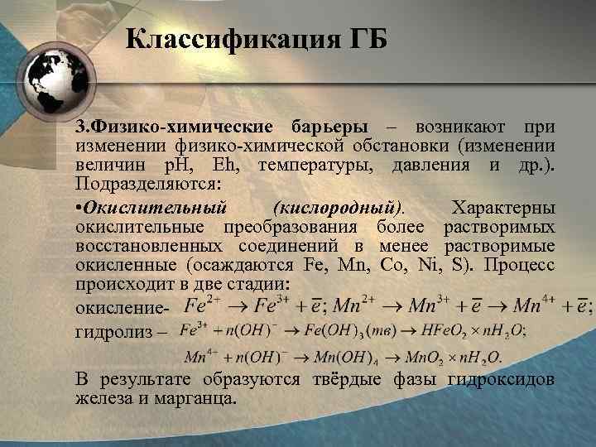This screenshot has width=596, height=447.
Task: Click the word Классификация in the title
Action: [219, 39]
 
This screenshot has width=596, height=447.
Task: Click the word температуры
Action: [314, 165]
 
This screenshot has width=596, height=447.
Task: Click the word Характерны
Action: [503, 208]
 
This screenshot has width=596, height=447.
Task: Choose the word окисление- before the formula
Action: [121, 307]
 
